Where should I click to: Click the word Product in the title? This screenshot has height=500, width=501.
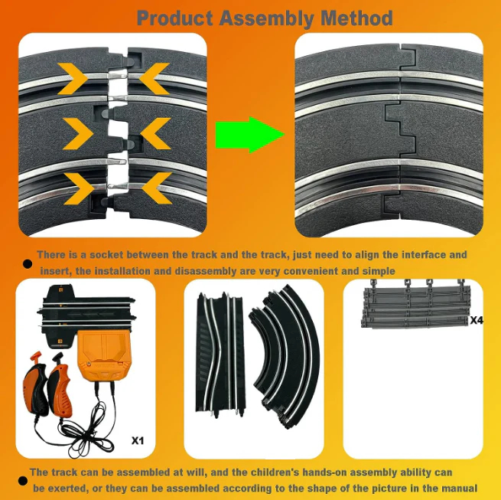(x=175, y=18)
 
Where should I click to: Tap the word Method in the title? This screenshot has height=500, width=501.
(x=356, y=18)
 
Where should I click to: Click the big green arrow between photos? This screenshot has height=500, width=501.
(x=250, y=135)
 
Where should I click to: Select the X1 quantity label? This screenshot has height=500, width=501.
(x=138, y=440)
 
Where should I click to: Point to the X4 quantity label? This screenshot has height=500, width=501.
(x=477, y=320)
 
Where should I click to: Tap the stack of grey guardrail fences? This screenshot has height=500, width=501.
(x=415, y=304)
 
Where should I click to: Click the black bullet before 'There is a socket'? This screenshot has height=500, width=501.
(x=28, y=263)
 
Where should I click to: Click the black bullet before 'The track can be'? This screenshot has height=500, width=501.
(x=22, y=481)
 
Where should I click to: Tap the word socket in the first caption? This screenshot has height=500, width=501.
(x=106, y=255)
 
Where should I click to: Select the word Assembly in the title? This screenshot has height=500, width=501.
(x=267, y=18)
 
